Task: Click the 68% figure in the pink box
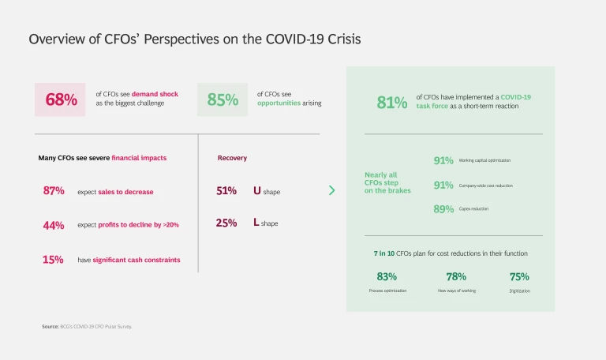[61, 99]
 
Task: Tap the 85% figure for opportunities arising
[223, 99]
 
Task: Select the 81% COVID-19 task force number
[392, 102]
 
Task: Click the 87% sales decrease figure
[54, 191]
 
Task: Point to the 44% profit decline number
[54, 225]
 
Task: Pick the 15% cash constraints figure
[54, 260]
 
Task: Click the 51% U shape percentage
[226, 191]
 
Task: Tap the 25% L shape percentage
[226, 223]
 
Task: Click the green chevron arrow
[331, 190]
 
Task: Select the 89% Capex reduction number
[443, 209]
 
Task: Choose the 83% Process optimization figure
[387, 277]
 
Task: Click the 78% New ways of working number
[456, 277]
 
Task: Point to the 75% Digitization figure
[519, 277]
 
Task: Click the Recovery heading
[232, 158]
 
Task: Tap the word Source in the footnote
[50, 326]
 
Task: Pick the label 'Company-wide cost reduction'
[486, 186]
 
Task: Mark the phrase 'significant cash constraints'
[137, 260]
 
